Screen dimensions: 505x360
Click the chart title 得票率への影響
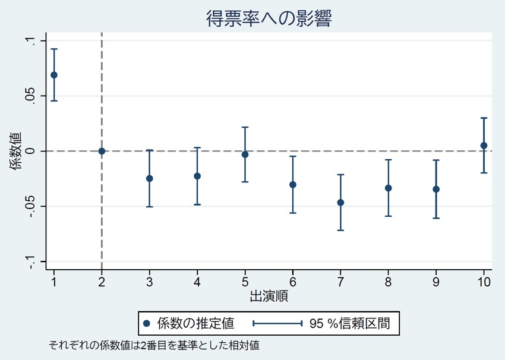click(x=269, y=18)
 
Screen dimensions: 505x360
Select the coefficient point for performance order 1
click(x=54, y=75)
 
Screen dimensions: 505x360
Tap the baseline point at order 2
click(x=102, y=151)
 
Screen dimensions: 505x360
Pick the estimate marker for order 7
click(x=340, y=203)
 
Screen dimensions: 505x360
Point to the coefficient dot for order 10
click(x=484, y=146)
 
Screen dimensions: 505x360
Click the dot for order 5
click(x=245, y=154)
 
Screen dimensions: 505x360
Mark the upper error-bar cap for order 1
click(x=54, y=49)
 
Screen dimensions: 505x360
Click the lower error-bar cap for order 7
click(x=340, y=230)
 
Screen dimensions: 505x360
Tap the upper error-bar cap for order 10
click(x=484, y=118)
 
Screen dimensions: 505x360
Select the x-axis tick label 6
click(x=293, y=282)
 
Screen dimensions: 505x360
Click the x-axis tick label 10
click(x=484, y=282)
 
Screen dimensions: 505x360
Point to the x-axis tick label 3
click(x=150, y=282)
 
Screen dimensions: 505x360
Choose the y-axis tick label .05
click(x=30, y=96)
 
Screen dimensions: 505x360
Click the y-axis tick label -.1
click(x=30, y=262)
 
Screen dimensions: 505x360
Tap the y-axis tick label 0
click(x=30, y=151)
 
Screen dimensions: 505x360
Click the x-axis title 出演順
click(x=269, y=296)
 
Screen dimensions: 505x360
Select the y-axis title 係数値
click(x=15, y=151)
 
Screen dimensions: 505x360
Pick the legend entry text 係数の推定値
click(x=196, y=323)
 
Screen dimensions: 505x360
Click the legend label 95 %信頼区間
click(x=350, y=323)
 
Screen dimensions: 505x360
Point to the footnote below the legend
click(x=154, y=346)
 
